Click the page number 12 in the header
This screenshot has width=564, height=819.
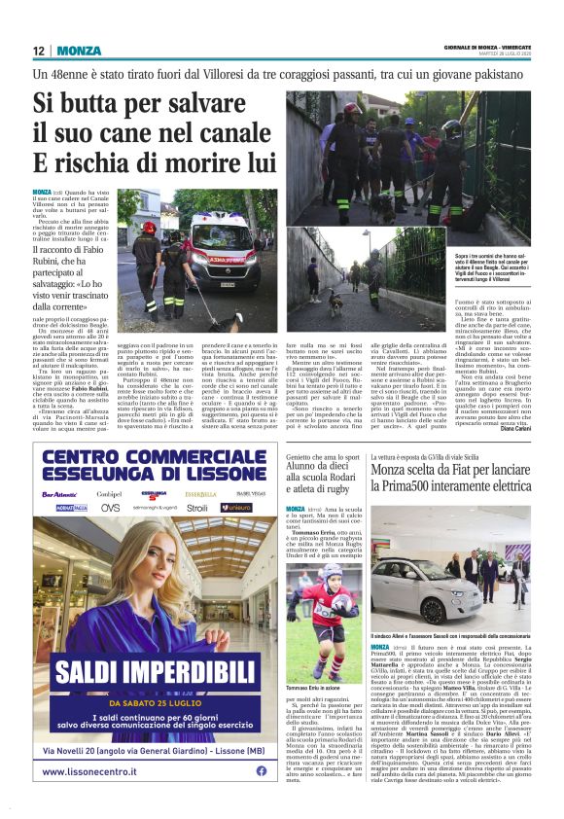39,51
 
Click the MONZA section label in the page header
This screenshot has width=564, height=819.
78,51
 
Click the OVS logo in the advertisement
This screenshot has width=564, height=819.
111,507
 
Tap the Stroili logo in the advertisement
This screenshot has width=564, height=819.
197,507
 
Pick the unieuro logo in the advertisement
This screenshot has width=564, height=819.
234,507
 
